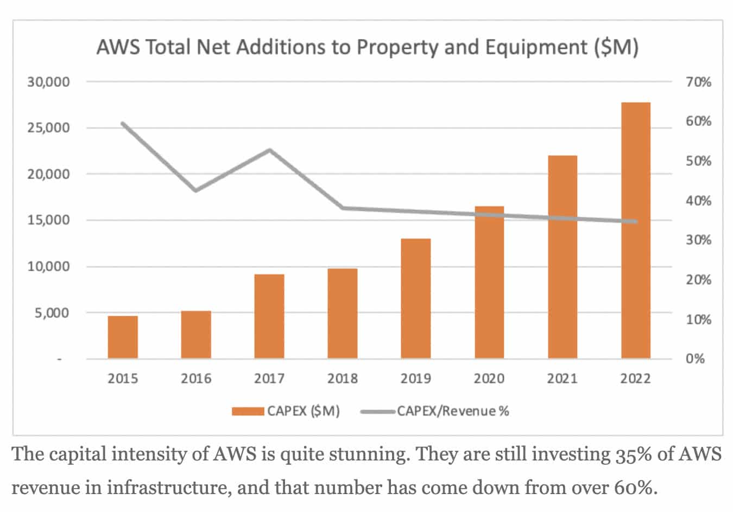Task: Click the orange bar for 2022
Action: pyautogui.click(x=635, y=231)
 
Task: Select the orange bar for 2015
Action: pyautogui.click(x=123, y=337)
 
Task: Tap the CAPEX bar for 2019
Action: pyautogui.click(x=415, y=298)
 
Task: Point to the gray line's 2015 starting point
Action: pyautogui.click(x=123, y=123)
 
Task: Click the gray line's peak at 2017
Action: pyautogui.click(x=269, y=150)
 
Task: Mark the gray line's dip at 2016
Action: pyautogui.click(x=195, y=190)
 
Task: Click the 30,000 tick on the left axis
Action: pyautogui.click(x=49, y=82)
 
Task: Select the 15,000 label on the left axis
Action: pyautogui.click(x=49, y=220)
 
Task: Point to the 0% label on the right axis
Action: pyautogui.click(x=695, y=359)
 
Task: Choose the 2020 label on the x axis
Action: pyautogui.click(x=489, y=378)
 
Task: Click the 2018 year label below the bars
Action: pyautogui.click(x=343, y=378)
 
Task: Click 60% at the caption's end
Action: pyautogui.click(x=634, y=488)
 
